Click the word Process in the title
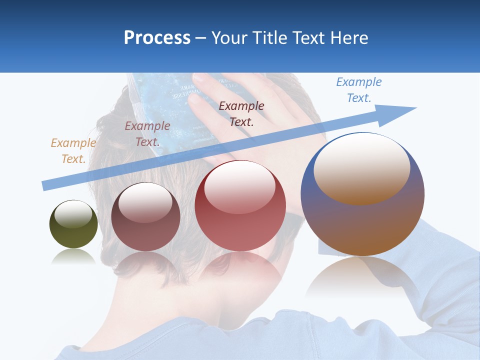(157, 37)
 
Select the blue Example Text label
(359, 90)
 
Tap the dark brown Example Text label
(241, 113)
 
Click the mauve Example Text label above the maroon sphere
(147, 133)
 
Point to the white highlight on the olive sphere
(73, 214)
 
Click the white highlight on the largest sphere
(361, 167)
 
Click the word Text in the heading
(306, 38)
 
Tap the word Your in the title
(230, 38)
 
